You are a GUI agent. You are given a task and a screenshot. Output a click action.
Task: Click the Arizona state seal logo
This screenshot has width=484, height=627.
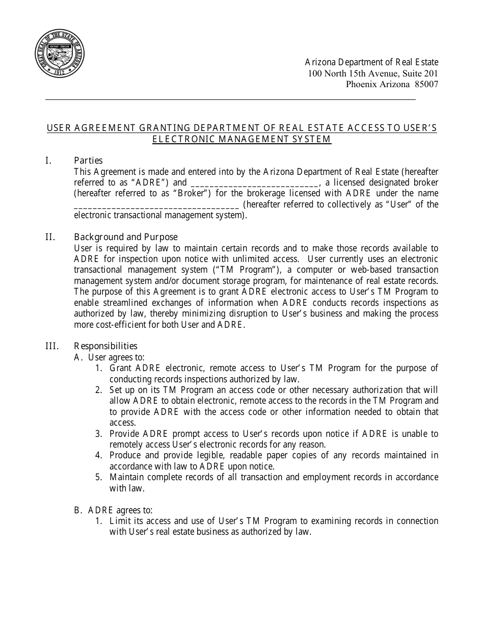pos(60,54)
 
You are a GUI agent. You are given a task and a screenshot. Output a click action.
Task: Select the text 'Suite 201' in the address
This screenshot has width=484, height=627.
pos(420,73)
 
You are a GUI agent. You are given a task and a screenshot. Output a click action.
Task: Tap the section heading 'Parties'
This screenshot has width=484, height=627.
pos(88,161)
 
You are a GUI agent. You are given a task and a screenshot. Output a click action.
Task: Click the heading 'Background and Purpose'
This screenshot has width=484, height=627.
pos(126,237)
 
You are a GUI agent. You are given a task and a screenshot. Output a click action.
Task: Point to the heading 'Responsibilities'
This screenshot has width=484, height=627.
pos(105,346)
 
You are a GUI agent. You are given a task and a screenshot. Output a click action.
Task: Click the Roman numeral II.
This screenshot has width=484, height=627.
pos(49,237)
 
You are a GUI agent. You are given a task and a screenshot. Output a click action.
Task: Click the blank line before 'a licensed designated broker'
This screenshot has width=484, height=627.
pos(254,182)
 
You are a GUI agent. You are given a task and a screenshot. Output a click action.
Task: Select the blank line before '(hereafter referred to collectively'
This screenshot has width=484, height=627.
pos(156,204)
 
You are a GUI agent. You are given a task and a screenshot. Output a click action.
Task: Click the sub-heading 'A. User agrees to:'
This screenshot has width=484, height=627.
pos(109,357)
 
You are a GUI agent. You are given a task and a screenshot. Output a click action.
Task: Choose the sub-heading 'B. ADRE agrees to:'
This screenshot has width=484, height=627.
pos(113,510)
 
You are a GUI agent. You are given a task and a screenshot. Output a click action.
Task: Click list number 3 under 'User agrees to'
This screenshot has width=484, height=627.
pos(99,434)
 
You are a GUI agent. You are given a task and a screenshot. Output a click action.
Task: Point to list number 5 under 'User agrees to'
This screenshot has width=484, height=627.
pos(99,477)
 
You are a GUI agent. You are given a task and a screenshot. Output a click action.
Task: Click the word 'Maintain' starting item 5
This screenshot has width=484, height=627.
pos(126,477)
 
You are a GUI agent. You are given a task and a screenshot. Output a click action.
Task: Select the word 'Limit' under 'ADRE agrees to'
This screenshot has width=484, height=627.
pos(120,521)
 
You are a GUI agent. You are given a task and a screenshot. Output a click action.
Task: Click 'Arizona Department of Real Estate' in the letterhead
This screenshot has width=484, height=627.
pos(371,62)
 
